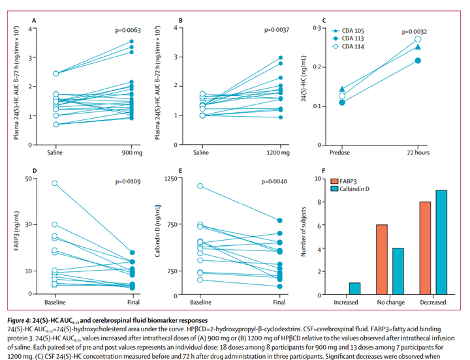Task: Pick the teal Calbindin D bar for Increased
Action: (354, 288)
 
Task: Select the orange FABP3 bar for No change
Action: (381, 260)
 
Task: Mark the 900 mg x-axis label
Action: (131, 155)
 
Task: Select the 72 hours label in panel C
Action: (418, 155)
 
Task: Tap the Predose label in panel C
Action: (342, 155)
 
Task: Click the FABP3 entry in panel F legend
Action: (353, 181)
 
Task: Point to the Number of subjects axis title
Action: (304, 236)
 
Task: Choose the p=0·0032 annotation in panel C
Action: (415, 31)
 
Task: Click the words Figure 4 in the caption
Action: (21, 320)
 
